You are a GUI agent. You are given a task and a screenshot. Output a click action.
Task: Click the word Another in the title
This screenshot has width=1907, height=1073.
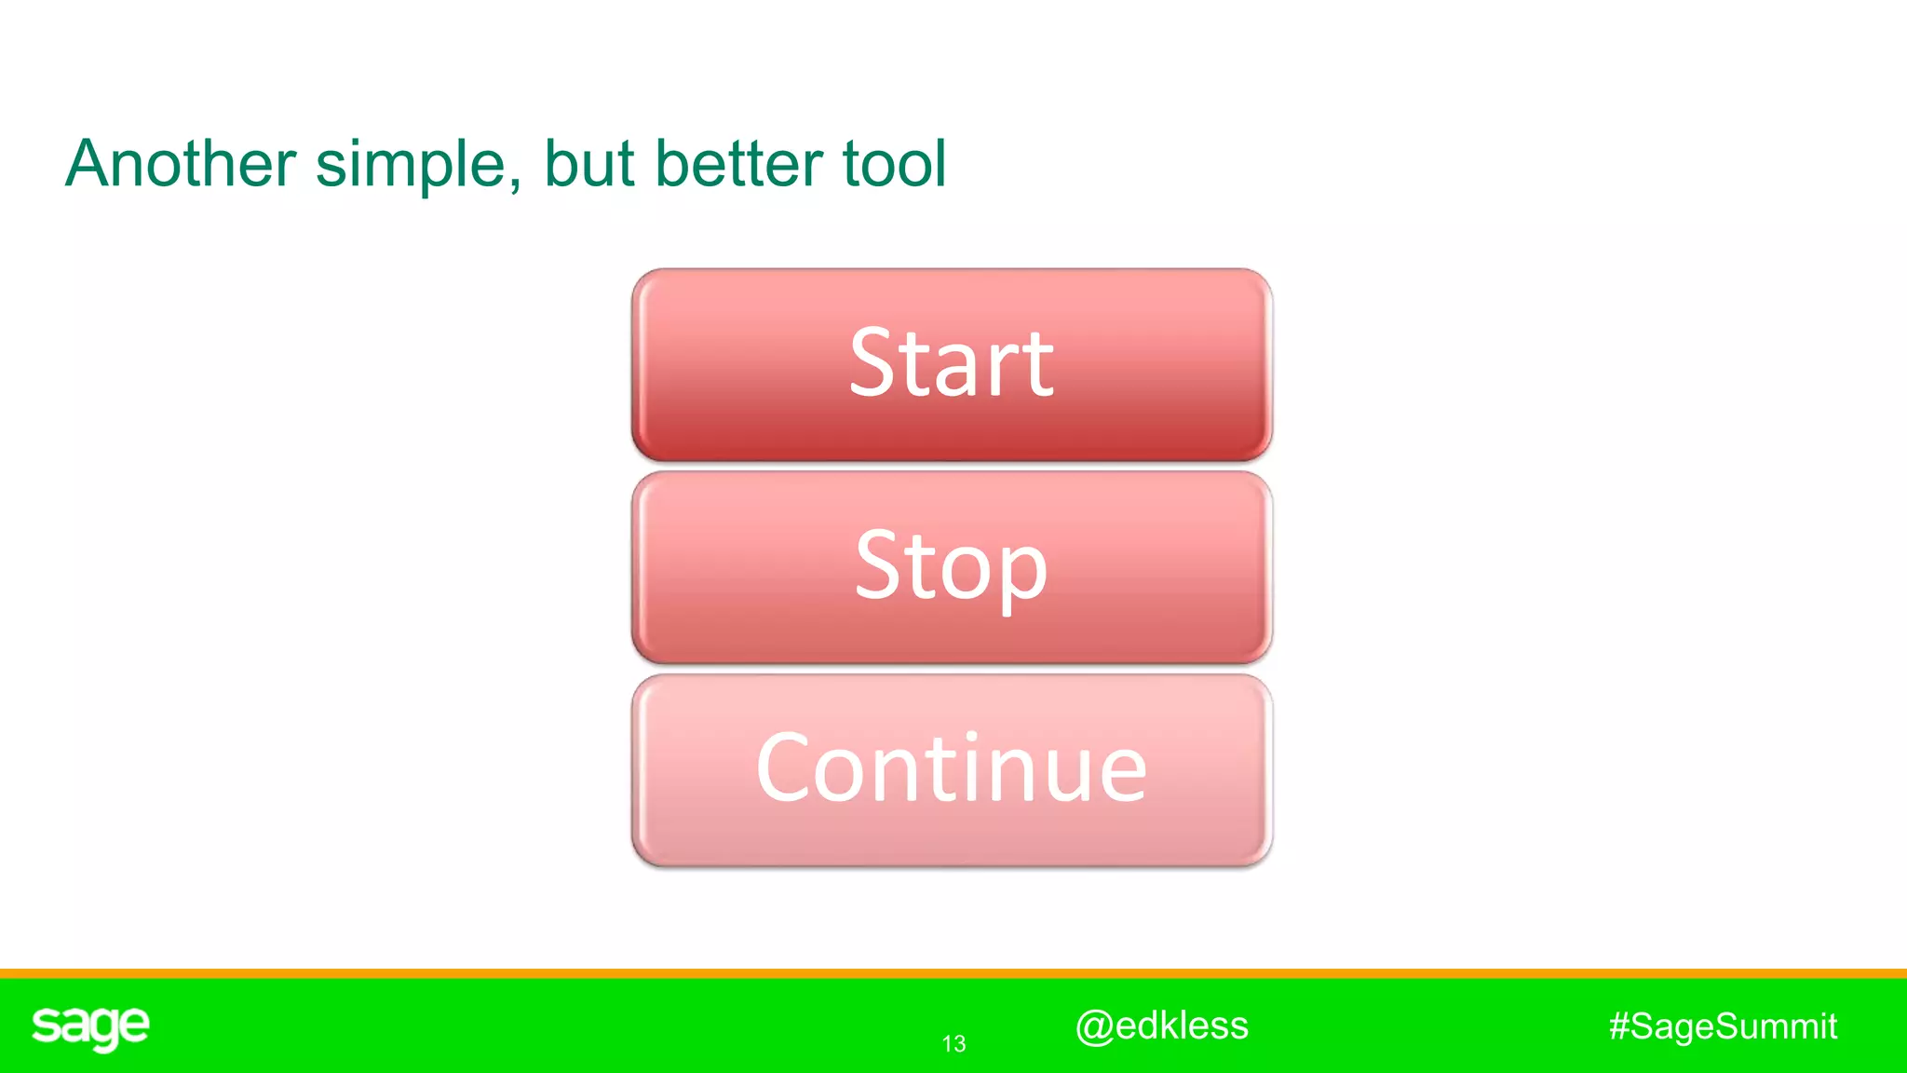coord(181,164)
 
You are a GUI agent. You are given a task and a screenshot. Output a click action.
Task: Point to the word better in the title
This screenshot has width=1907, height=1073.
coord(738,164)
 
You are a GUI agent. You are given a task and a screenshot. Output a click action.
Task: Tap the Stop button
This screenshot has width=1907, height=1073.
coord(952,567)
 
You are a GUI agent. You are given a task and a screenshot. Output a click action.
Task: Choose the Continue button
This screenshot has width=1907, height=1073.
coord(952,770)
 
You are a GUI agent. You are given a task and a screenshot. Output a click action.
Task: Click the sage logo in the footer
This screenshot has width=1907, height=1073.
coord(90,1027)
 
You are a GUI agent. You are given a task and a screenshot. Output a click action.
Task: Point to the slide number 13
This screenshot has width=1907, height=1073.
coord(953,1044)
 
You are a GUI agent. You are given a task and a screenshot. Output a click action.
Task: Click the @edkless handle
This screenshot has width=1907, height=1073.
coord(1161,1025)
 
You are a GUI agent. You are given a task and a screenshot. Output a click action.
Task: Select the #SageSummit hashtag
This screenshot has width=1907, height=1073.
coord(1723,1026)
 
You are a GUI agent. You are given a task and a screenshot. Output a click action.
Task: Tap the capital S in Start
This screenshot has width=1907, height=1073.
coord(872,363)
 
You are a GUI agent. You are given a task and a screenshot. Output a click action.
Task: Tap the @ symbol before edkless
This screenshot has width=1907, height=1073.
coord(1093,1026)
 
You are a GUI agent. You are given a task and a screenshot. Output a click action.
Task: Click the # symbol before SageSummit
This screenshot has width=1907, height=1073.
coord(1619,1026)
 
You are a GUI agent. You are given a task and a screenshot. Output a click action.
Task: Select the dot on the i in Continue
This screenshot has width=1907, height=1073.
coord(971,738)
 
